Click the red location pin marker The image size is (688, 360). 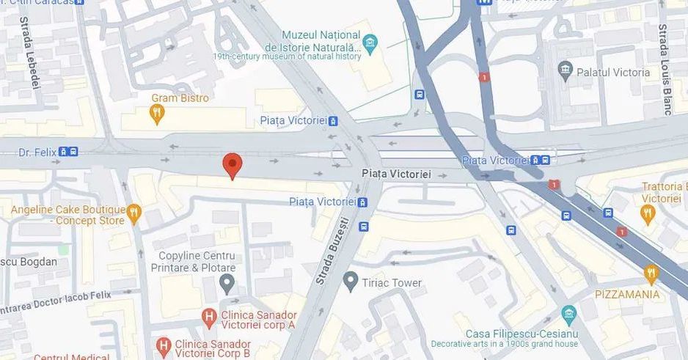pos(232,164)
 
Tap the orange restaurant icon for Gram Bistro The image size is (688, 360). pos(155,113)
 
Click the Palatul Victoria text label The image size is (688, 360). pos(613,72)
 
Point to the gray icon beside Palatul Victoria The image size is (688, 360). pos(565,71)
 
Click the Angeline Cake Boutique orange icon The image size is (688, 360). pos(133,214)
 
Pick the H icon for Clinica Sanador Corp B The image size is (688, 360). pos(163,344)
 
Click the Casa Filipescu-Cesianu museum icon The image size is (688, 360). pos(569,315)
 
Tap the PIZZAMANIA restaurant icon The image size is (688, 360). pos(651,274)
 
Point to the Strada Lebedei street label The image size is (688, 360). pos(30,53)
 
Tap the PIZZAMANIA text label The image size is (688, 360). pos(628,295)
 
